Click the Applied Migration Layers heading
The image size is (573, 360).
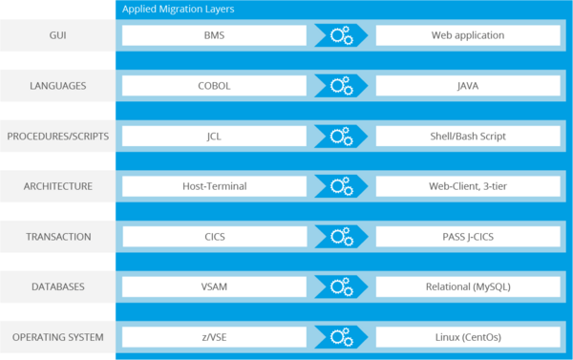[x=180, y=9]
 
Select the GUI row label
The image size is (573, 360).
[x=57, y=35]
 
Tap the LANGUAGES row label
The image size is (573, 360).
[x=57, y=86]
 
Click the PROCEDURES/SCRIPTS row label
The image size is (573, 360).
[x=57, y=136]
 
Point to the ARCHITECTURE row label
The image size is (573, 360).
[x=57, y=186]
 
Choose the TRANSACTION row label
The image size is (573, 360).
[x=57, y=236]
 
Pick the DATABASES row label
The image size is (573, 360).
[x=57, y=286]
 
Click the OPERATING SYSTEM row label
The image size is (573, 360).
[x=57, y=337]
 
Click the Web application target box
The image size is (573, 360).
[x=468, y=35]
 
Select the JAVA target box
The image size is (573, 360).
[x=468, y=86]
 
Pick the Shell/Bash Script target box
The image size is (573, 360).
[x=468, y=136]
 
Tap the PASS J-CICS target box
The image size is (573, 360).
[x=468, y=236]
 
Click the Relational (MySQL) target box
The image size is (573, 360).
[x=468, y=286]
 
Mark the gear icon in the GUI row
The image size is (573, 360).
[x=341, y=36]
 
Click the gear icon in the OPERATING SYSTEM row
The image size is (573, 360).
[x=341, y=337]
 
